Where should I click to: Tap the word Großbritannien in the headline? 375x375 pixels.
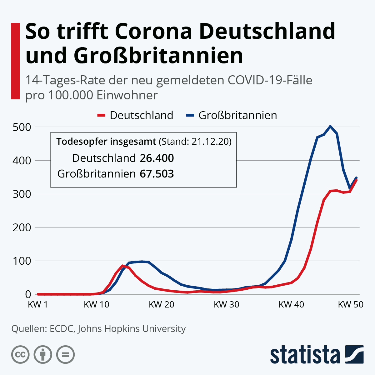click(x=158, y=56)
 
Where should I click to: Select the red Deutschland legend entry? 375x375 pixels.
click(x=135, y=115)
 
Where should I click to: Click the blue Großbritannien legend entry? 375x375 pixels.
click(x=231, y=115)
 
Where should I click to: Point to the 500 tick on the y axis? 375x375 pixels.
click(x=22, y=127)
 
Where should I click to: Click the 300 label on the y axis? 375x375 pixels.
click(x=22, y=194)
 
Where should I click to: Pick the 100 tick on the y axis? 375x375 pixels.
click(x=22, y=261)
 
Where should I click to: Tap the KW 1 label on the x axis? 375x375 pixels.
click(x=38, y=304)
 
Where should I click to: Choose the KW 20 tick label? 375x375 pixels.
click(x=161, y=304)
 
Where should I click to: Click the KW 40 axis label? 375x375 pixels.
click(x=291, y=304)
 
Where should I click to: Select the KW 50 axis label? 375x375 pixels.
click(x=351, y=304)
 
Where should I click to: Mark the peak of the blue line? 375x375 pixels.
click(x=330, y=126)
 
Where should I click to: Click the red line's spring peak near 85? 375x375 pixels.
click(x=122, y=266)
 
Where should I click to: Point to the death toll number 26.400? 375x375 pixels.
click(x=157, y=158)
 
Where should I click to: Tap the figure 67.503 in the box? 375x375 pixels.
click(x=157, y=174)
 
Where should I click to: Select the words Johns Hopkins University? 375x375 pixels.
click(x=132, y=329)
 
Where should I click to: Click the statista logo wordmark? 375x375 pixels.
click(x=305, y=355)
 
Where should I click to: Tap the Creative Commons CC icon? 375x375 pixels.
click(x=20, y=355)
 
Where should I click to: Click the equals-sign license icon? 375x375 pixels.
click(x=65, y=355)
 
